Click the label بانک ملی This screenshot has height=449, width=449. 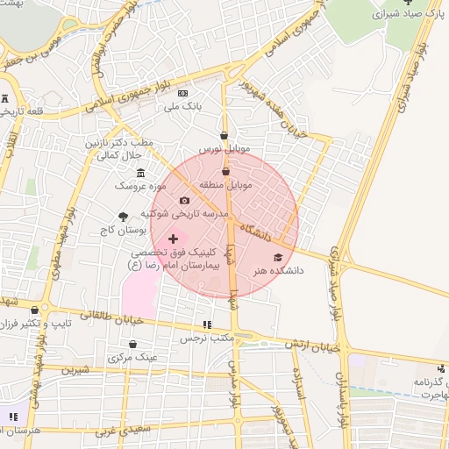tap(183, 107)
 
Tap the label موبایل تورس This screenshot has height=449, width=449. tap(224, 150)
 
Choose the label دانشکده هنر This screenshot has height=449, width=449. tap(278, 271)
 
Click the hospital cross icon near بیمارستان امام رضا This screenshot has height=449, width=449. tap(173, 238)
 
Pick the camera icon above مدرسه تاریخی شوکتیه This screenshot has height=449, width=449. tap(184, 201)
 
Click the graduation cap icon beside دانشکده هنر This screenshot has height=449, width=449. tap(278, 258)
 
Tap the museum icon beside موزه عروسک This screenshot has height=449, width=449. tap(139, 172)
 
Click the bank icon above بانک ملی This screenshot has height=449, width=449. tap(182, 93)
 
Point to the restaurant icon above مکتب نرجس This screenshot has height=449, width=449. tap(207, 324)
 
